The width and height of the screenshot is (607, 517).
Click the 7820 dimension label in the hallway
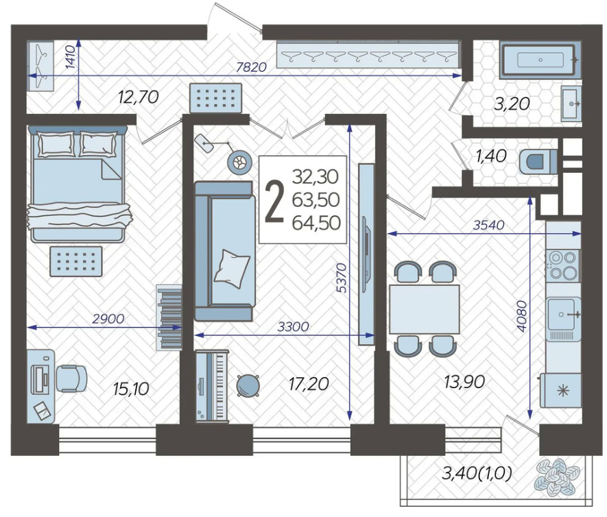(252, 67)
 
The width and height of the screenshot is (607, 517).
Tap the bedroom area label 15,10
(131, 389)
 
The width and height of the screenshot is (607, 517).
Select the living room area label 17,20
(309, 383)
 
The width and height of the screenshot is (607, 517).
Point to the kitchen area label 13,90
(464, 382)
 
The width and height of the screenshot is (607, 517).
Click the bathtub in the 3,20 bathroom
(540, 60)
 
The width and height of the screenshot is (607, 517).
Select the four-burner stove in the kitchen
(563, 265)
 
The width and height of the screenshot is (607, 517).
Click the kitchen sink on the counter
(564, 314)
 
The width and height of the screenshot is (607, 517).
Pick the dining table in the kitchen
(425, 309)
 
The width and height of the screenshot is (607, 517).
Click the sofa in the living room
(224, 251)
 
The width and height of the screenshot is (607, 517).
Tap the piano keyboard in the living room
(211, 385)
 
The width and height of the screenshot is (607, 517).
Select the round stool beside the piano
(248, 385)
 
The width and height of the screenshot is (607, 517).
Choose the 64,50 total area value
(316, 223)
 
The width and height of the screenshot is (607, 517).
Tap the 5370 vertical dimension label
(342, 278)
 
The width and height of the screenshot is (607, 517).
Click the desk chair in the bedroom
(71, 378)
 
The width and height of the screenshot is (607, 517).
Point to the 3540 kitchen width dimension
(488, 225)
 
